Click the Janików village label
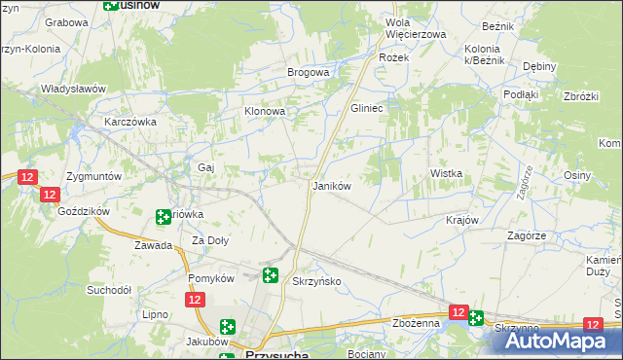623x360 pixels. click(330, 185)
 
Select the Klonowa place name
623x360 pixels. click(264, 112)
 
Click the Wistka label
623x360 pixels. click(446, 173)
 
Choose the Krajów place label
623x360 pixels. click(463, 220)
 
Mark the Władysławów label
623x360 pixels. click(72, 89)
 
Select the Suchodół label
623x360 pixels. click(109, 290)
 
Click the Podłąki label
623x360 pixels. click(521, 94)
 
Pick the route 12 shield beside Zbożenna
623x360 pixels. click(458, 311)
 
